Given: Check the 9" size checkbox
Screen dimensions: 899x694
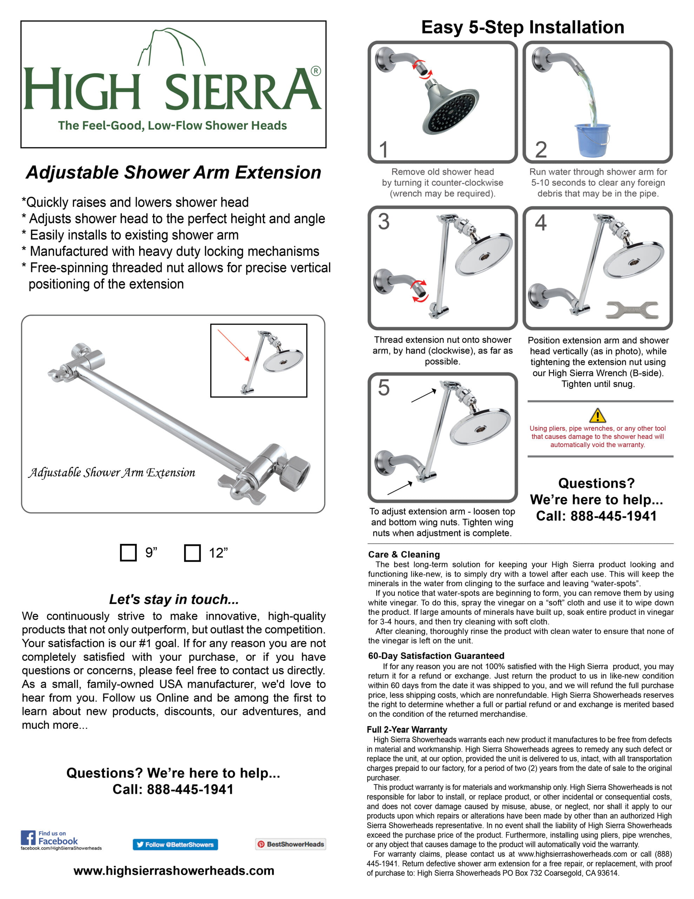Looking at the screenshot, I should click(x=128, y=552).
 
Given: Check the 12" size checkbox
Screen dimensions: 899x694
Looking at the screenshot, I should click(x=192, y=553).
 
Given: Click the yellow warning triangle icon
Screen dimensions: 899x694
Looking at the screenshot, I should click(x=597, y=415).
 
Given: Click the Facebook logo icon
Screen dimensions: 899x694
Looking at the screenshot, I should click(x=28, y=838).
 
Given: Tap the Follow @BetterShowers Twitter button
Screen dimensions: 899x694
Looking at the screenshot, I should click(x=175, y=844).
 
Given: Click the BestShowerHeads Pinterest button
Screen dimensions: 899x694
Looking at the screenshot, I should click(x=291, y=844).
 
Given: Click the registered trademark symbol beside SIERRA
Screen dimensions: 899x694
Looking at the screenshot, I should click(x=315, y=71).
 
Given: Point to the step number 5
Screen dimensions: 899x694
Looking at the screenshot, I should click(x=383, y=388).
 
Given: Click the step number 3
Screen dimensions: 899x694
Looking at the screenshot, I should click(x=383, y=222).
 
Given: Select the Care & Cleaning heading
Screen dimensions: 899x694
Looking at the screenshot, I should click(x=404, y=554).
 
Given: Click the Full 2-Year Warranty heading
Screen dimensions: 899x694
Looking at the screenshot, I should click(x=407, y=729).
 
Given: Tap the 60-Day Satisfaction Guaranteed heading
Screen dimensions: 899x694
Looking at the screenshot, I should click(x=436, y=656).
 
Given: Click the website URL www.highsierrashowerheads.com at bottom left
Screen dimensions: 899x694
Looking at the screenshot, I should click(x=174, y=871).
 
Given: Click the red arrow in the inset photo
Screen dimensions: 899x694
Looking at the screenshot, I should click(x=233, y=345).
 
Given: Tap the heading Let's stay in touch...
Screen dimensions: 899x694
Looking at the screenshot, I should click(x=174, y=599).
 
